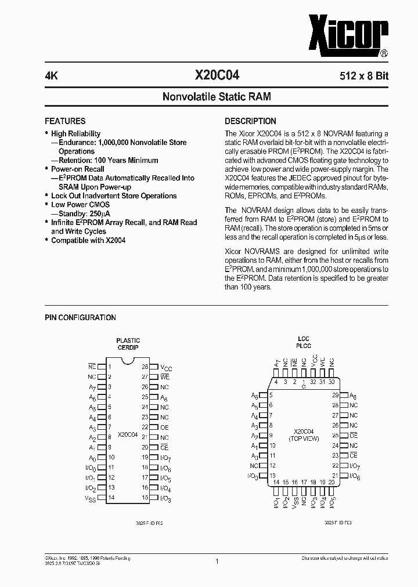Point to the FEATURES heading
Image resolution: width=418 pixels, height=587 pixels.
click(x=65, y=121)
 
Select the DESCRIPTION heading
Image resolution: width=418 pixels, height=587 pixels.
click(x=250, y=121)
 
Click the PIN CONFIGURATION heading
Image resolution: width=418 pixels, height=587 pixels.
click(x=80, y=317)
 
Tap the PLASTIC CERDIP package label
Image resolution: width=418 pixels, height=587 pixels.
click(x=128, y=344)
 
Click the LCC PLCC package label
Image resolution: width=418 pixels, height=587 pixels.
click(x=303, y=343)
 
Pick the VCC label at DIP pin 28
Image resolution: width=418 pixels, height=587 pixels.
click(x=166, y=367)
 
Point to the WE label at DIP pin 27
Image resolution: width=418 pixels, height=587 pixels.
click(x=165, y=377)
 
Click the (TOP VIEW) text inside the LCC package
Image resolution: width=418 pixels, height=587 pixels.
click(x=303, y=439)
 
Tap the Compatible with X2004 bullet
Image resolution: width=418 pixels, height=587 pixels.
click(x=88, y=240)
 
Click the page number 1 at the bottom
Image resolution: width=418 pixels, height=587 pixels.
click(x=216, y=561)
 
